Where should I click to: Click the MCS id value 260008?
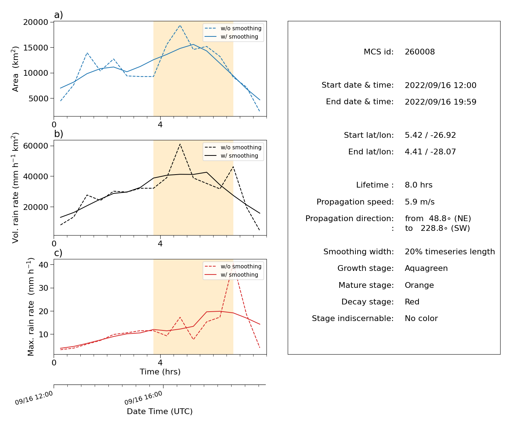pyautogui.click(x=420, y=52)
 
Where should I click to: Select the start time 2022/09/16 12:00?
pyautogui.click(x=440, y=85)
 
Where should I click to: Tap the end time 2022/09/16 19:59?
pyautogui.click(x=440, y=102)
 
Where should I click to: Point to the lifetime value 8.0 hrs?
pyautogui.click(x=418, y=185)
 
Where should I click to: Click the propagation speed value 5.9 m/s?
pyautogui.click(x=420, y=202)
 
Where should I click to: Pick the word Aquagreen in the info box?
pyautogui.click(x=426, y=268)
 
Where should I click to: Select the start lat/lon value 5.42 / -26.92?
pyautogui.click(x=430, y=135)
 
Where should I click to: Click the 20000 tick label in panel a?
pyautogui.click(x=36, y=22)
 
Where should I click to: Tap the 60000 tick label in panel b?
pyautogui.click(x=36, y=146)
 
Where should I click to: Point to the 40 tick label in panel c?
pyautogui.click(x=43, y=265)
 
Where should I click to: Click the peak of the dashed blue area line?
pyautogui.click(x=180, y=25)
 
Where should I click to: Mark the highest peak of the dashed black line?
pyautogui.click(x=180, y=144)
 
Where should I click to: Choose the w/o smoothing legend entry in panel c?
pyautogui.click(x=233, y=266)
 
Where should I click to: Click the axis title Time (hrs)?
pyautogui.click(x=160, y=372)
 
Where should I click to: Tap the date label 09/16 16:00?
pyautogui.click(x=143, y=398)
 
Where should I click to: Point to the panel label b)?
pyautogui.click(x=58, y=134)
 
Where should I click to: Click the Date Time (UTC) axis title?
pyautogui.click(x=160, y=411)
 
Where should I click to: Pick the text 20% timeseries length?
pyautogui.click(x=449, y=251)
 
